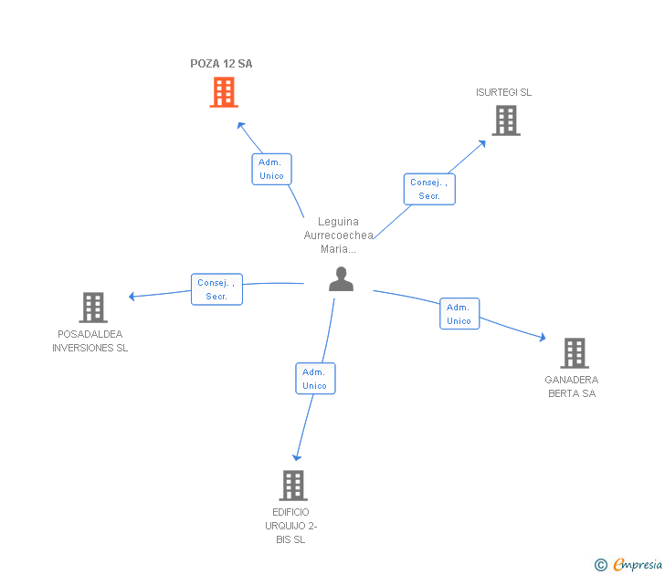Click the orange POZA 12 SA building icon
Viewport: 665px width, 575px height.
point(224,92)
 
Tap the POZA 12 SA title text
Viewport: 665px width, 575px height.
point(221,64)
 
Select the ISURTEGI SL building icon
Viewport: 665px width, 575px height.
point(506,120)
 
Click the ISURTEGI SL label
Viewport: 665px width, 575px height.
point(503,92)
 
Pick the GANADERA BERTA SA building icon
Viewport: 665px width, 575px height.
point(574,352)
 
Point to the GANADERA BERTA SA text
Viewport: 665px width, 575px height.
point(572,386)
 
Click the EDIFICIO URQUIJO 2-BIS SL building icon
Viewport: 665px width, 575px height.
point(292,485)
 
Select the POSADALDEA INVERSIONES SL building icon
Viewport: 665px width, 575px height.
point(93,308)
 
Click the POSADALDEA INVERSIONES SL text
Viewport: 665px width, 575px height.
point(90,340)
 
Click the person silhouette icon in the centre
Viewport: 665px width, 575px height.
point(341,279)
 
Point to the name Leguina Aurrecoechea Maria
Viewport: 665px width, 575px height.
point(338,235)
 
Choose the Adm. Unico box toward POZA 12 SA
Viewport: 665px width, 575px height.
point(271,169)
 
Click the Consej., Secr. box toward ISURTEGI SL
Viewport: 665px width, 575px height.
point(429,189)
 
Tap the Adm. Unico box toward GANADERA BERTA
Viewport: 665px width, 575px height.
point(459,314)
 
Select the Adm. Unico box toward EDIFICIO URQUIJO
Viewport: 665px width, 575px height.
point(315,379)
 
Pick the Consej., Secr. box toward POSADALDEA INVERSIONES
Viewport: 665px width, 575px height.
point(216,289)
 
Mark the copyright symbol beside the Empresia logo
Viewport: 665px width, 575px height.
point(601,565)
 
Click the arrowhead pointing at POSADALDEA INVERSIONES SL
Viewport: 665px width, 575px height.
point(132,296)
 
